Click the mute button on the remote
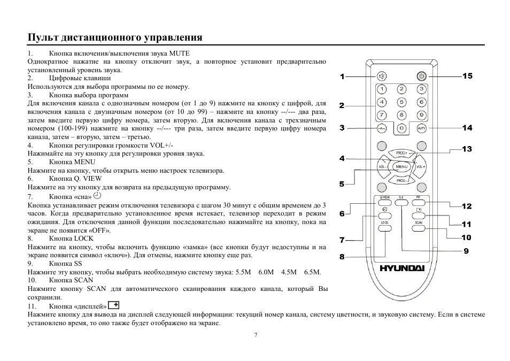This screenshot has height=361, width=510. tap(382, 76)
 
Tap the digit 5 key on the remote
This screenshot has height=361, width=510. tap(401, 102)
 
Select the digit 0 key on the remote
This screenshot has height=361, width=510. tap(401, 128)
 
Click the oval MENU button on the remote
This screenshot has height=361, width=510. tap(401, 167)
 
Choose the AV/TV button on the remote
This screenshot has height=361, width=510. tap(421, 128)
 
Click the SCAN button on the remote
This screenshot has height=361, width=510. tap(419, 228)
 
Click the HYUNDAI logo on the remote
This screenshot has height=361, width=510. tap(402, 268)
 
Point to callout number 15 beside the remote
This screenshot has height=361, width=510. tap(467, 76)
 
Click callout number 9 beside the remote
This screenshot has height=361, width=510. tap(466, 250)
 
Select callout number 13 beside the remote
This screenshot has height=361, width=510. tap(467, 149)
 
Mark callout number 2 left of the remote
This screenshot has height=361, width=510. tap(341, 105)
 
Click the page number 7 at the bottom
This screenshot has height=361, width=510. tap(256, 335)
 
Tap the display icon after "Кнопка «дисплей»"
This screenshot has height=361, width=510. tap(113, 305)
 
